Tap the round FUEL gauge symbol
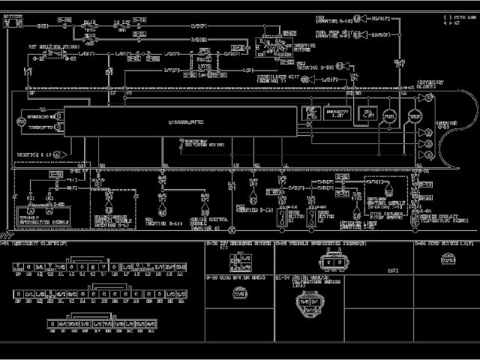click(389, 116)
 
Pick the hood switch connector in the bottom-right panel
click(447, 261)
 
